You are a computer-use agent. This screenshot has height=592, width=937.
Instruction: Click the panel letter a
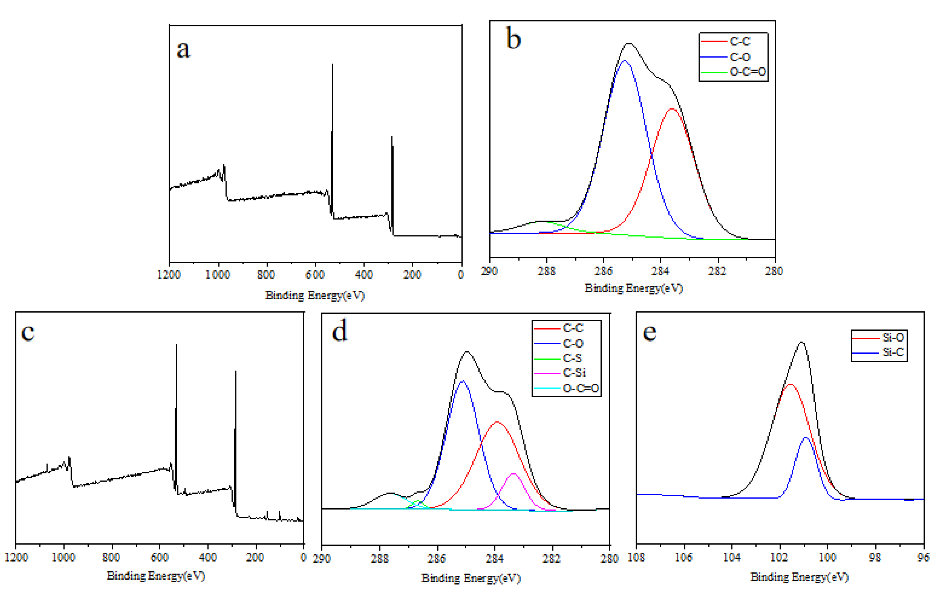183,49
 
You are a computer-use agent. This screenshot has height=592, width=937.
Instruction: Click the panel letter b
513,39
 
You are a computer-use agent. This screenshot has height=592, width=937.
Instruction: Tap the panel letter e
649,332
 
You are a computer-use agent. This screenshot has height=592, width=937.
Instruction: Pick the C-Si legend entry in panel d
574,372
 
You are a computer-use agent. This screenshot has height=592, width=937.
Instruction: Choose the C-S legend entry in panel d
572,358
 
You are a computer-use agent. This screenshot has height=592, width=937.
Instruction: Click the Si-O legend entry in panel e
893,337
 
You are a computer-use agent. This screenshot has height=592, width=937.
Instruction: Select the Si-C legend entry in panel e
893,352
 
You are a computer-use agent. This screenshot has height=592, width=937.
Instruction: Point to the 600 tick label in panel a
315,275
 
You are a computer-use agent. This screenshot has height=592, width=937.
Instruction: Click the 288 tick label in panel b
546,271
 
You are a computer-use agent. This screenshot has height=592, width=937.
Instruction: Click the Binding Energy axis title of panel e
799,576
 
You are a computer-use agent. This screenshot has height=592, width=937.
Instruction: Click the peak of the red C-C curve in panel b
672,109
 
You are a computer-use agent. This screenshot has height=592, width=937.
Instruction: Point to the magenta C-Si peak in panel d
513,474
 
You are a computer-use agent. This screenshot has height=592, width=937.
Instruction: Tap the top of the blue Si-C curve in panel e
805,437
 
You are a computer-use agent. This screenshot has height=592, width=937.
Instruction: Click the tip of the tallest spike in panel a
332,64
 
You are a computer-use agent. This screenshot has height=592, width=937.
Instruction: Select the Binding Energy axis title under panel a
315,295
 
